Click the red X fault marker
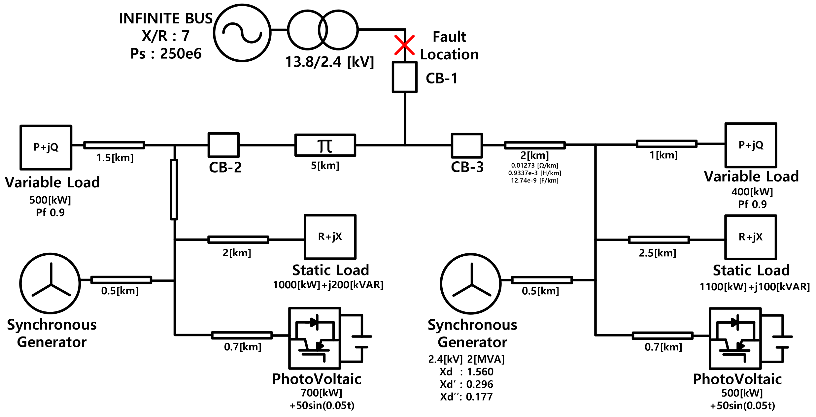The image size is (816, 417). point(404,45)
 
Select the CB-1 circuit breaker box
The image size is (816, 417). point(405,77)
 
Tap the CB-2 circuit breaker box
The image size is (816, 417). point(223,145)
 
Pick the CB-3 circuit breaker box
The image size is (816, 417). point(467,145)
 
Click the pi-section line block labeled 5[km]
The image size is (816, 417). point(325,145)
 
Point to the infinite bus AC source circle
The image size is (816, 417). point(242,33)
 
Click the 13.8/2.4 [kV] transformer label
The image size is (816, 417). point(329,62)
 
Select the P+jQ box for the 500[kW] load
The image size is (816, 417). point(46,147)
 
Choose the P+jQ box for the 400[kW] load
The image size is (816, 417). point(751,145)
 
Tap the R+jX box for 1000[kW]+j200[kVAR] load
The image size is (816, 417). point(330,237)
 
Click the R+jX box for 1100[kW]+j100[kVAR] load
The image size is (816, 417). point(750,237)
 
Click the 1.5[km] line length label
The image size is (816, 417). point(115,158)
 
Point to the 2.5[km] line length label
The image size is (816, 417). point(657,253)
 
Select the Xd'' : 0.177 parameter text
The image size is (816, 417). point(466,397)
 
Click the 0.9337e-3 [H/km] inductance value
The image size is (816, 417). point(534,173)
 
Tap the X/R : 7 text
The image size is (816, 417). point(166,36)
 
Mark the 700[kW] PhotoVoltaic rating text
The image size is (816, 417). point(321,393)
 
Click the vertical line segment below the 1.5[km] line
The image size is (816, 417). point(174,190)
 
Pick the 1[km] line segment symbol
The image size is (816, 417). point(666,144)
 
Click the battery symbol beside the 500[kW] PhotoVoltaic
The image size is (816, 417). point(782,341)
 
